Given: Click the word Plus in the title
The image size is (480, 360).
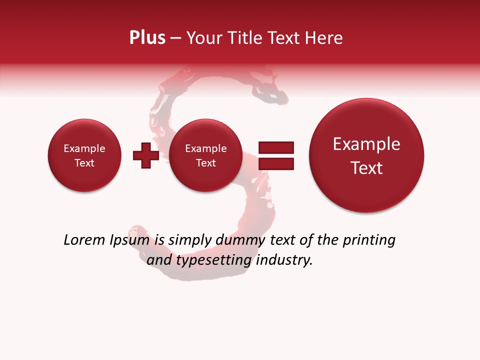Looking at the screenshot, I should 147,38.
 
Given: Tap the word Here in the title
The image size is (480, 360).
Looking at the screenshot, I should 325,38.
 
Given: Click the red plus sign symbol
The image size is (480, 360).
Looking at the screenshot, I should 145,155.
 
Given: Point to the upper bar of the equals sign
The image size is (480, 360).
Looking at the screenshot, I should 276,147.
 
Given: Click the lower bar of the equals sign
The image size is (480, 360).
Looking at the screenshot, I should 276,163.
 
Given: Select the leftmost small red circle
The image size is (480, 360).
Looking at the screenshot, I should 84,155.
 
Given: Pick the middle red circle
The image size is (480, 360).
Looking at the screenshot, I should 206,155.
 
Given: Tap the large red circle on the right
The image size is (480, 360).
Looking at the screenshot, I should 366,155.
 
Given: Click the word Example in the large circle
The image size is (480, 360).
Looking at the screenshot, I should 366,144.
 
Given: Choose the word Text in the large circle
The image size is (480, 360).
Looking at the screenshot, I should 366,168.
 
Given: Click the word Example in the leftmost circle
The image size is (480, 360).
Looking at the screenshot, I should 84,148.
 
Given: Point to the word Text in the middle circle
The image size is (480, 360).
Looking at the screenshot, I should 206,163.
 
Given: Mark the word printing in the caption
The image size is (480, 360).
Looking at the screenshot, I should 368,240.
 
